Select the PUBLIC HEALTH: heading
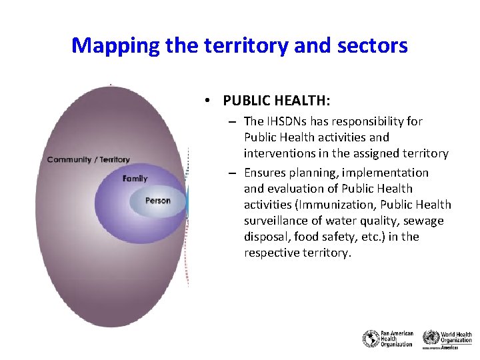tap(277, 101)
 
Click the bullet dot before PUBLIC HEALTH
tap(209, 101)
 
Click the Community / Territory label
tap(89, 159)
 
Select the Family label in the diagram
tap(135, 179)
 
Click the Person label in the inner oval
tap(158, 200)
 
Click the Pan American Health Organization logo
tap(388, 339)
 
